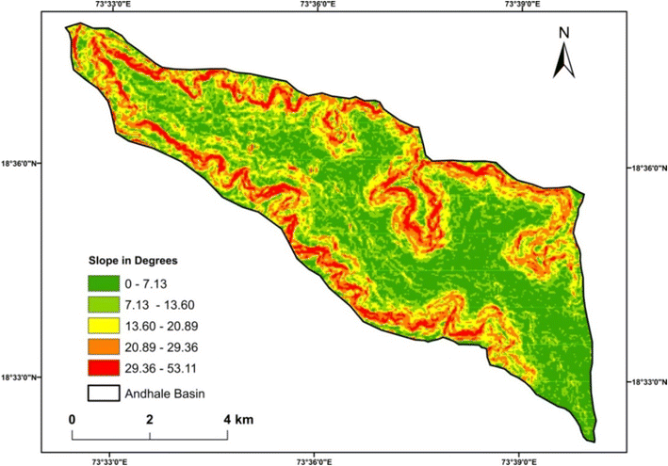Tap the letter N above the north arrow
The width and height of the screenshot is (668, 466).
tap(564, 33)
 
